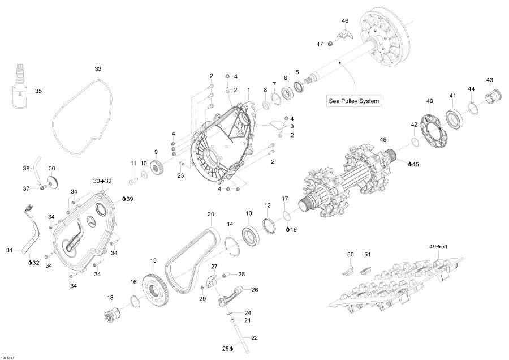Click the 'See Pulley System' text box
354,102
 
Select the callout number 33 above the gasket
98,69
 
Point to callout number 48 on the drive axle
383,139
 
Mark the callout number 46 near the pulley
345,21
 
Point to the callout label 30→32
102,181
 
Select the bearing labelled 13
249,233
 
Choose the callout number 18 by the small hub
110,297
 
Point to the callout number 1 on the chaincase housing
248,91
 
